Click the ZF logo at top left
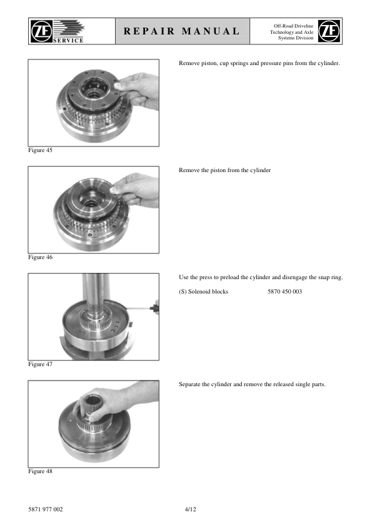tap(41, 31)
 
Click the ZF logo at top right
tap(329, 31)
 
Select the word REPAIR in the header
tap(149, 31)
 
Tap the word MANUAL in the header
tap(211, 31)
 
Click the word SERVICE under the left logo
tap(68, 40)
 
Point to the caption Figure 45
tap(40, 150)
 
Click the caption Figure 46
tap(40, 257)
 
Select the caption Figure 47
tap(40, 364)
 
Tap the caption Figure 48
tap(40, 471)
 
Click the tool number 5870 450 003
tap(284, 292)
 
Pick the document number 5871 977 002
tap(45, 509)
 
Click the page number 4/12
tap(190, 509)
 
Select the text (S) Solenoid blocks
tap(203, 292)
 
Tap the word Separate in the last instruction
tap(189, 384)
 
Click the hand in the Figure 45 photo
tap(139, 90)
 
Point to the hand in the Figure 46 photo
tap(137, 189)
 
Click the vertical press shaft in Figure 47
tap(96, 292)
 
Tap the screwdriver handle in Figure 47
tap(156, 308)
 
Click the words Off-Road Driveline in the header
tap(293, 26)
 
